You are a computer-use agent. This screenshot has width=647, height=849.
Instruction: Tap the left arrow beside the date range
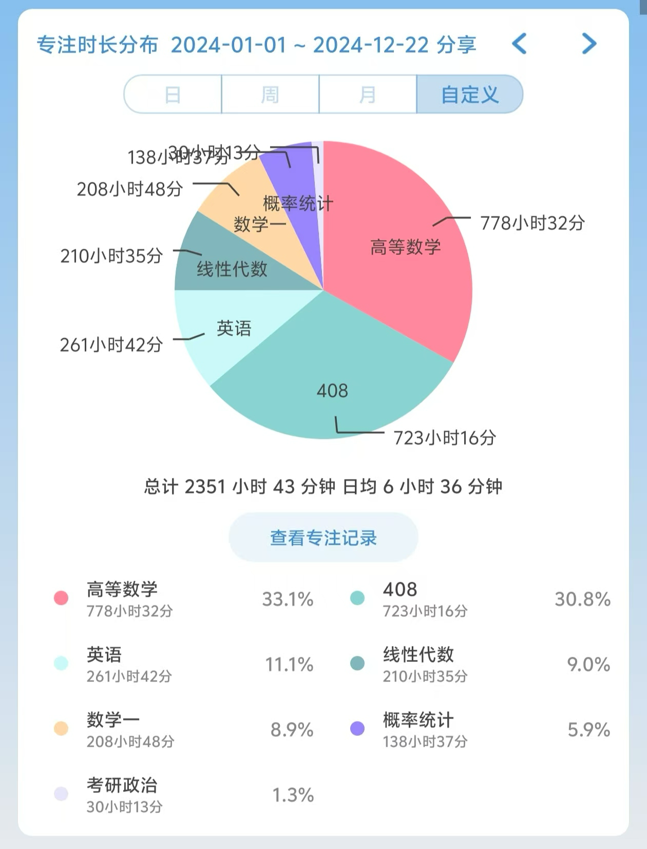click(520, 44)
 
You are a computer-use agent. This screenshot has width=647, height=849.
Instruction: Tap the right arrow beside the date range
click(589, 44)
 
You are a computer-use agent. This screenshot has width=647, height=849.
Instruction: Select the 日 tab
click(173, 95)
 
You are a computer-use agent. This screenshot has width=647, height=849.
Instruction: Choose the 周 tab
click(270, 95)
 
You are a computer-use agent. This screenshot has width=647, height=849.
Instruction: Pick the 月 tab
click(368, 95)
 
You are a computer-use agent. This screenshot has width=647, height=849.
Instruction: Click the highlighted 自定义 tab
click(469, 95)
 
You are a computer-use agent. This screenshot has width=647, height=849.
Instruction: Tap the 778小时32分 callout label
click(532, 223)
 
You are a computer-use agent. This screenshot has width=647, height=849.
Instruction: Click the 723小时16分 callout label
click(445, 438)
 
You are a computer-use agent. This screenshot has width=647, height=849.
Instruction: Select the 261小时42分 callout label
click(111, 345)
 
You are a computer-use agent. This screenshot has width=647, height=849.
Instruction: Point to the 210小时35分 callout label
click(111, 256)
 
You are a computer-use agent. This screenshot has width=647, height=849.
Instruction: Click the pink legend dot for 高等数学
click(61, 598)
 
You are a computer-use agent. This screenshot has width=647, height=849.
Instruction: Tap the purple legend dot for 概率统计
click(357, 729)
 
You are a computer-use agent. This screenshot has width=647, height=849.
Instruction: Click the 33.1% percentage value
click(288, 599)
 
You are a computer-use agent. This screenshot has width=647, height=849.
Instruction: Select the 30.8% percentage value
click(582, 599)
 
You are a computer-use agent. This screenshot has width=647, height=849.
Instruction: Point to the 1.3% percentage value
click(293, 795)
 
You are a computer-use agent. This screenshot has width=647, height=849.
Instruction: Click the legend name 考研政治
click(122, 785)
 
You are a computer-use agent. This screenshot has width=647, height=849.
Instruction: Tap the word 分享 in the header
click(456, 45)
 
